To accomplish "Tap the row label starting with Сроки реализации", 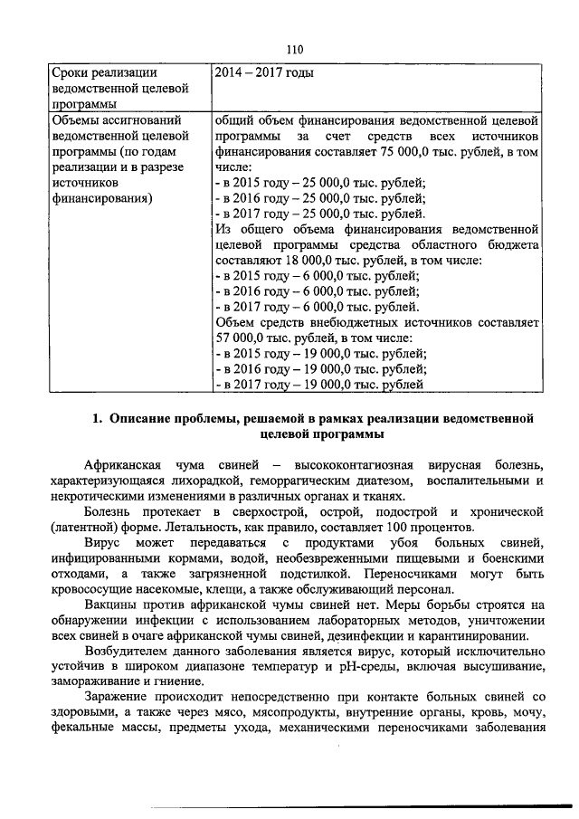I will [x=106, y=71].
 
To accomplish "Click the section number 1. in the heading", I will [x=99, y=418].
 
